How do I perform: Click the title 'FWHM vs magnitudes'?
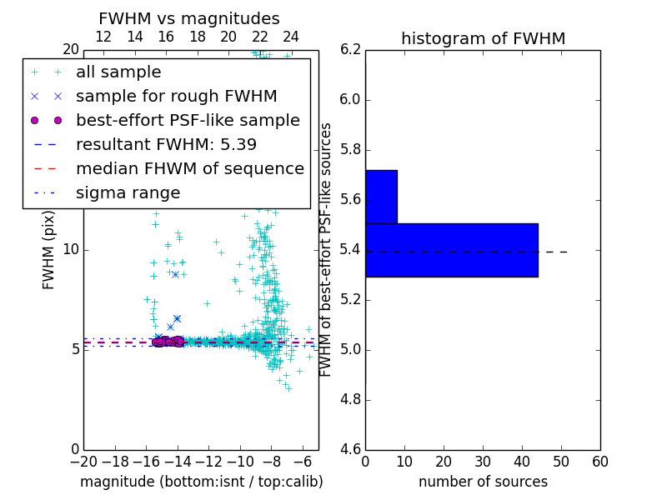189,18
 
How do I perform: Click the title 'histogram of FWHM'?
483,38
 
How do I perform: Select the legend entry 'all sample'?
118,72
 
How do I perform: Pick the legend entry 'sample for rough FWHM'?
176,96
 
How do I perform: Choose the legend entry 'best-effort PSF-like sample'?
188,120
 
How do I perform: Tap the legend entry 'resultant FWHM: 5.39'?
166,144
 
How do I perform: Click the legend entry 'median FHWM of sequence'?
189,168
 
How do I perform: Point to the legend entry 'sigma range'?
128,192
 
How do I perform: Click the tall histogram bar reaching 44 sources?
451,250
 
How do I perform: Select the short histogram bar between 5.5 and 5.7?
381,197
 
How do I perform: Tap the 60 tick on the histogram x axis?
599,462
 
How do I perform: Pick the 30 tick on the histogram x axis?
483,462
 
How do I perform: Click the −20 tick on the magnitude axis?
83,462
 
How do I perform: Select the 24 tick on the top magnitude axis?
291,37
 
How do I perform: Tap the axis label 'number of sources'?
483,482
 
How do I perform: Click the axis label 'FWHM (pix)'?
49,250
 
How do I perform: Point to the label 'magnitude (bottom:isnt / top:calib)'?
201,482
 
